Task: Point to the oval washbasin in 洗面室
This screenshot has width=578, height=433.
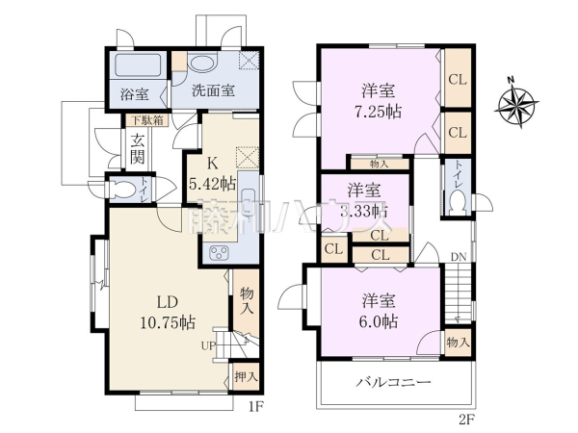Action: point(204,64)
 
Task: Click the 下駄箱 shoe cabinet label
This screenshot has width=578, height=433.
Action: point(146,120)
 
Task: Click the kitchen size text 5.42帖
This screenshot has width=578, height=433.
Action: point(215,181)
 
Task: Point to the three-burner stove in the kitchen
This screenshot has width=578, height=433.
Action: point(218,254)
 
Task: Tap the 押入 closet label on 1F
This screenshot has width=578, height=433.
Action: point(246,376)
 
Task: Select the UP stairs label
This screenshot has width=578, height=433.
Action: point(207,344)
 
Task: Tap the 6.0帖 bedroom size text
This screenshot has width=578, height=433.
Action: point(380,320)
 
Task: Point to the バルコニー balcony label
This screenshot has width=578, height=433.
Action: point(396,383)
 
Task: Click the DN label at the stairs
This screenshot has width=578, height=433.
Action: point(459,257)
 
